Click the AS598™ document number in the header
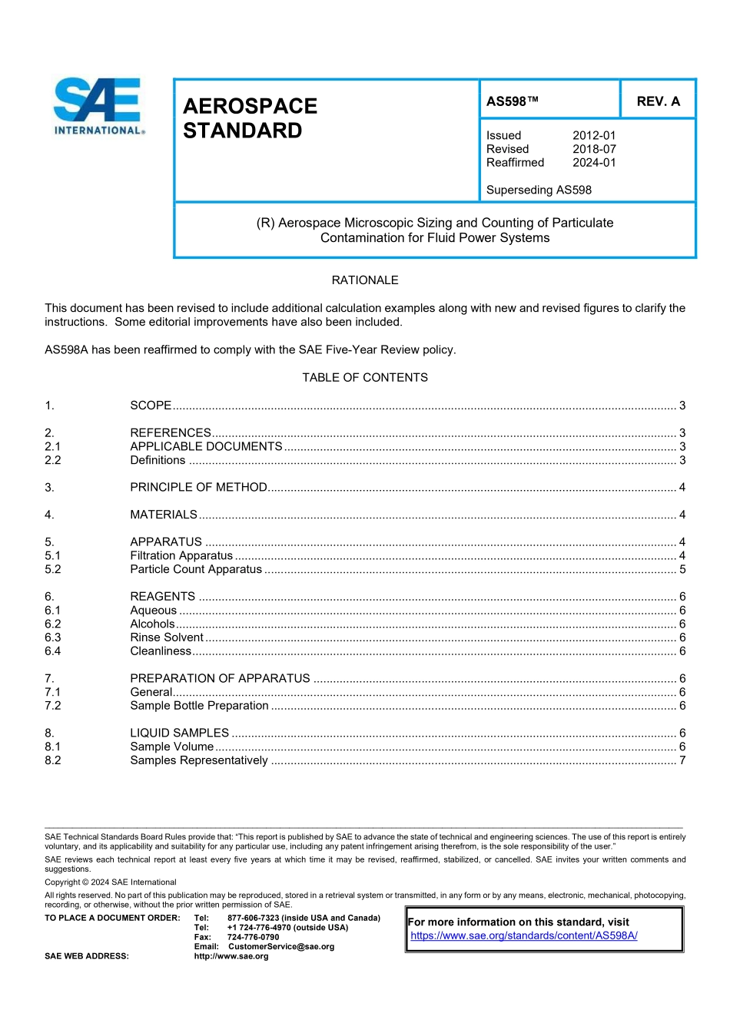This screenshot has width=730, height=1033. point(512,101)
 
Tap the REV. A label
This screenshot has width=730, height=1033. point(658,101)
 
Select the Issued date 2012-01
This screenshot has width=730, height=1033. point(593,135)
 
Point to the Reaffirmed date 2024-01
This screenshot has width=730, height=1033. point(593,163)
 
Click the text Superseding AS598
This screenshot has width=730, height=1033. point(539,190)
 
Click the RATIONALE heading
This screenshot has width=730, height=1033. point(365,280)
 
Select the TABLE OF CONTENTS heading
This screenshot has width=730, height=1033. point(365,378)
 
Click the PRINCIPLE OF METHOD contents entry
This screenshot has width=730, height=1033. point(198,488)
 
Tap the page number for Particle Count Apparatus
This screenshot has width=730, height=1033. point(682,570)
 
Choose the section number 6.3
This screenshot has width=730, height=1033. point(52,637)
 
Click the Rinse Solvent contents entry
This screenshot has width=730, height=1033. point(167,637)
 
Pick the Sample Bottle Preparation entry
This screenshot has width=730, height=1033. point(199,706)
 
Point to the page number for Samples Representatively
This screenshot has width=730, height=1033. point(682,760)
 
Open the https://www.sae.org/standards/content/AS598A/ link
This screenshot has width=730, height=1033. point(523,935)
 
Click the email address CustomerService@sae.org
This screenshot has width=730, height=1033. point(281,946)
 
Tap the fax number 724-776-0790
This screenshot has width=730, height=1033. point(253,937)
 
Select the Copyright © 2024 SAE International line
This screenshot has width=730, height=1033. point(111,882)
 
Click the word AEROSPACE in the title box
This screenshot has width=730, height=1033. point(250,106)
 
